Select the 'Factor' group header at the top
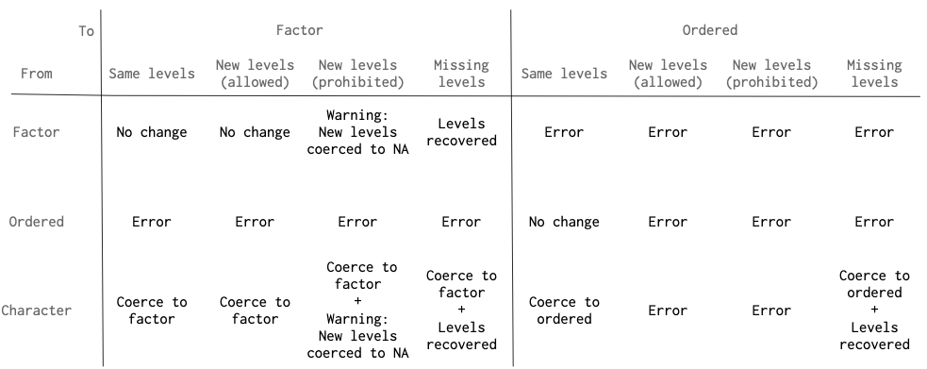tap(299, 30)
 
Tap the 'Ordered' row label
tap(38, 223)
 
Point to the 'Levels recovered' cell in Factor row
tap(461, 132)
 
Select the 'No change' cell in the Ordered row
tap(565, 223)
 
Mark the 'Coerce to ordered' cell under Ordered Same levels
tap(565, 309)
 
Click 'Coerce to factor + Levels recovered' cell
tap(461, 309)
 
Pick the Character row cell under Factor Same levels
tap(151, 309)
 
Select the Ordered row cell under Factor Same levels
tap(151, 223)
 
